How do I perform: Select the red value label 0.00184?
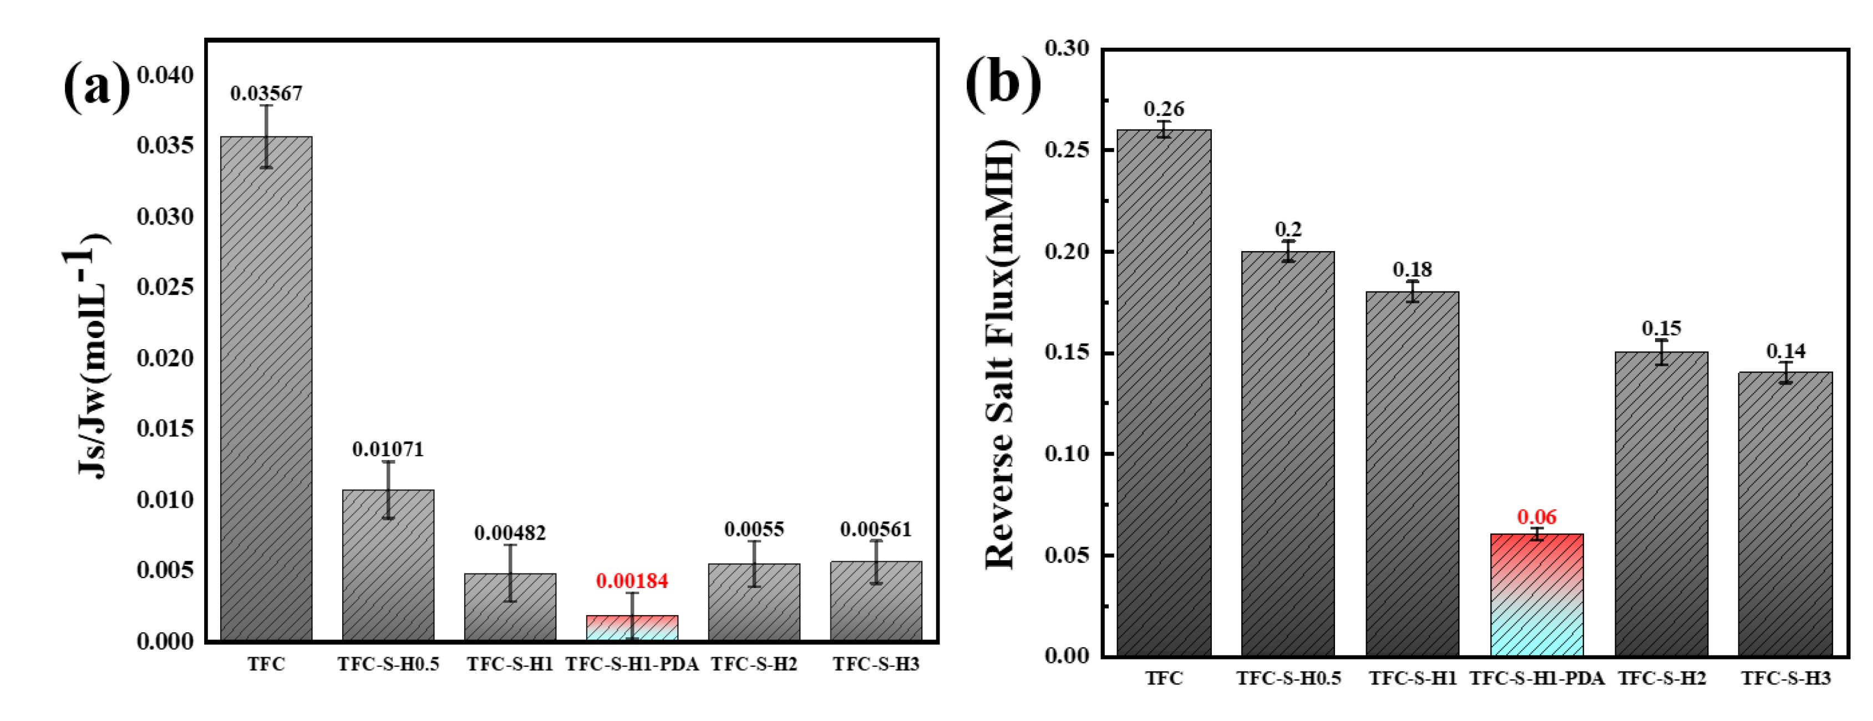[x=632, y=581]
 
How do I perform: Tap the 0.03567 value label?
[x=266, y=93]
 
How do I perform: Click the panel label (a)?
[x=97, y=86]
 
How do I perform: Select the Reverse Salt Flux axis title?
[x=1000, y=354]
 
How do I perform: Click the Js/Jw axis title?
[x=91, y=364]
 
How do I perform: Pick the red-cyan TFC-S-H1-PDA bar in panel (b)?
[x=1536, y=596]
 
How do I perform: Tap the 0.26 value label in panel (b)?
[x=1164, y=109]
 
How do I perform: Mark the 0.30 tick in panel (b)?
[x=1067, y=49]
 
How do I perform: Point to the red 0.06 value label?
[x=1536, y=517]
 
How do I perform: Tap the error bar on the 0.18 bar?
[x=1412, y=292]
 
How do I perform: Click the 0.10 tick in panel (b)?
[x=1067, y=453]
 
